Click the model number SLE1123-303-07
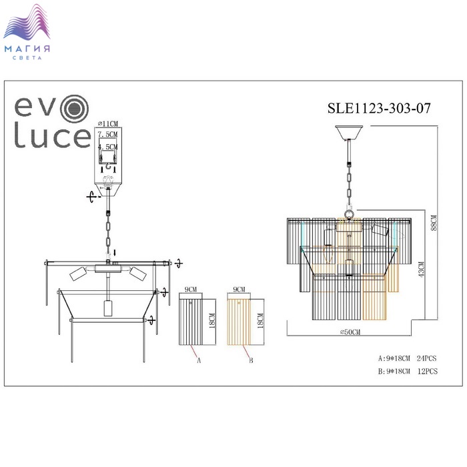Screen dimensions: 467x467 pyautogui.click(x=379, y=108)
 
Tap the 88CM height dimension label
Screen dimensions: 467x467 pyautogui.click(x=434, y=223)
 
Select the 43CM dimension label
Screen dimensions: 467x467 pyautogui.click(x=421, y=270)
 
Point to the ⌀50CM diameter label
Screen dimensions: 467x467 pyautogui.click(x=350, y=332)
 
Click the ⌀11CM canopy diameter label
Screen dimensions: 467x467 pyautogui.click(x=108, y=123)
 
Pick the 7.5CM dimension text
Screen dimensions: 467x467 pyautogui.click(x=108, y=134)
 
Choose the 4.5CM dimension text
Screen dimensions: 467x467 pyautogui.click(x=108, y=147)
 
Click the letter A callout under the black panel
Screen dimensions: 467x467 pyautogui.click(x=199, y=360)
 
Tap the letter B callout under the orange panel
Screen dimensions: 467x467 pyautogui.click(x=251, y=360)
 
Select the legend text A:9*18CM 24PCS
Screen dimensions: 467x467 pyautogui.click(x=407, y=358)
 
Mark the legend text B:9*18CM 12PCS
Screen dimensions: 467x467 pyautogui.click(x=408, y=372)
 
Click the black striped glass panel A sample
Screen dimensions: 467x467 pyautogui.click(x=191, y=322)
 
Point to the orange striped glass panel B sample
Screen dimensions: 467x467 pyautogui.click(x=239, y=322)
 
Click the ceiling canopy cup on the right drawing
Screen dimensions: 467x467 pyautogui.click(x=349, y=133)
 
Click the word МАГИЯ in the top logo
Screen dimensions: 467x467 pyautogui.click(x=27, y=49)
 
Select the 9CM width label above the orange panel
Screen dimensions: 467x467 pyautogui.click(x=239, y=289)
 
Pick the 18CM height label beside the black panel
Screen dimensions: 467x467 pyautogui.click(x=212, y=320)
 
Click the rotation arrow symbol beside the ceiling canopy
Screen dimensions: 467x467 pyautogui.click(x=92, y=197)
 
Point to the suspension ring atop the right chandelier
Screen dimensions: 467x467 pyautogui.click(x=349, y=214)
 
